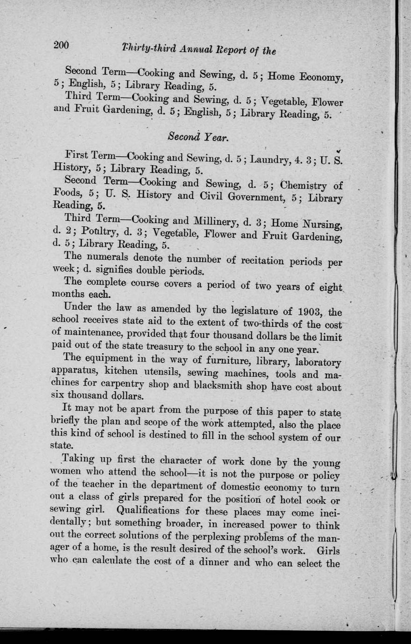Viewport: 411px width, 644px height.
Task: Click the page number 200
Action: pos(61,45)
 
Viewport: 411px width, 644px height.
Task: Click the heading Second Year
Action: pos(198,138)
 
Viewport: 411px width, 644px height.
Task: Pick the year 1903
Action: pos(310,310)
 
